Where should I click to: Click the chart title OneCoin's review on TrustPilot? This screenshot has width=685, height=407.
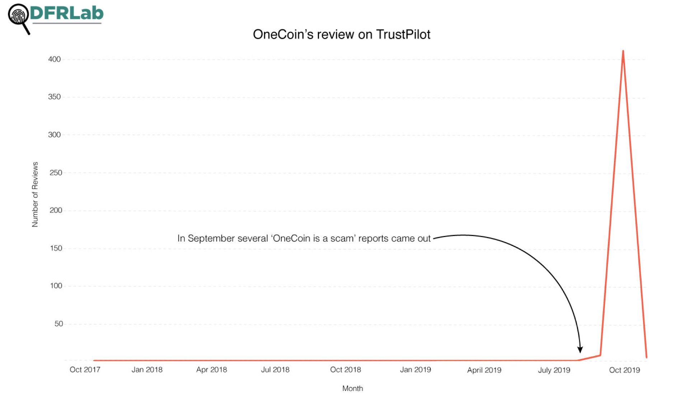(x=341, y=34)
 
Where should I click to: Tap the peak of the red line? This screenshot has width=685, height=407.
(x=623, y=52)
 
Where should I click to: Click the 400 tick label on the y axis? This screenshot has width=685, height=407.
(x=55, y=59)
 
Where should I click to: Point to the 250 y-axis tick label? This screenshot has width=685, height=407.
(x=56, y=172)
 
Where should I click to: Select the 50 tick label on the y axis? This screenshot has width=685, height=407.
(x=58, y=323)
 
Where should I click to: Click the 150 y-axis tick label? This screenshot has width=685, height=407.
(x=56, y=248)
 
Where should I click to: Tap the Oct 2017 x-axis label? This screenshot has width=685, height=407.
(x=85, y=370)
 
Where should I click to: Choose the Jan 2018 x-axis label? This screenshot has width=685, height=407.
(x=147, y=370)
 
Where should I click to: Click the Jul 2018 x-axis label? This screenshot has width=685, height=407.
(x=275, y=370)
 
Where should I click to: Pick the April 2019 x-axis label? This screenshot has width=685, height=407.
(x=484, y=370)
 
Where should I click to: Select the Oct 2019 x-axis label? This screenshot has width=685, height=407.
(x=624, y=370)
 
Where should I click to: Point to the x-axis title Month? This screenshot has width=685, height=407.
(x=352, y=388)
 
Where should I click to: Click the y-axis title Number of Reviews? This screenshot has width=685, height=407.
(x=35, y=194)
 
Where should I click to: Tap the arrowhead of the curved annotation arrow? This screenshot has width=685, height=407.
(x=580, y=350)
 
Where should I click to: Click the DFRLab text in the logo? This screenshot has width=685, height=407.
(x=67, y=13)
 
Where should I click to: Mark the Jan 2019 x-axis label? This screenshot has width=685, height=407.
(x=415, y=370)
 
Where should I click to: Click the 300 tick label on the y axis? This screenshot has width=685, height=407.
(x=55, y=134)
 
